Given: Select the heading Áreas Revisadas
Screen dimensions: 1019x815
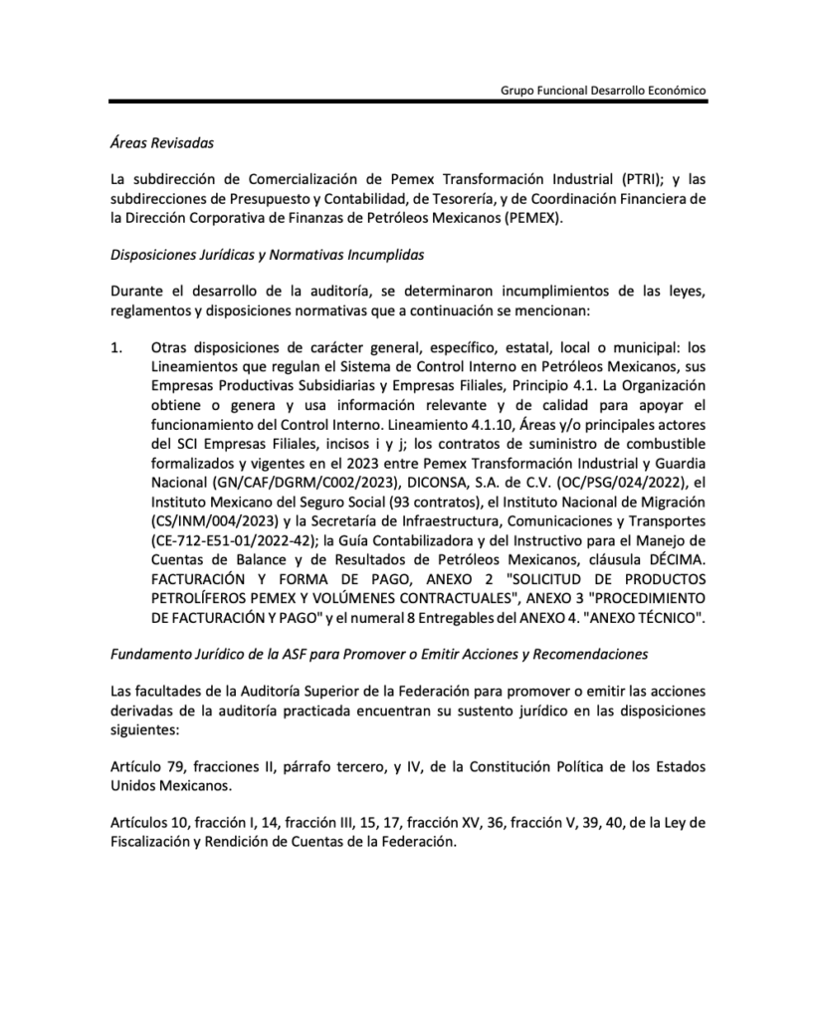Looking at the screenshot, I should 161,143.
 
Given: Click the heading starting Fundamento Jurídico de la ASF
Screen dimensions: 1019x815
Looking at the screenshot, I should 378,654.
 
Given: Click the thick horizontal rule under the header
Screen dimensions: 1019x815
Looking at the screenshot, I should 408,102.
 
